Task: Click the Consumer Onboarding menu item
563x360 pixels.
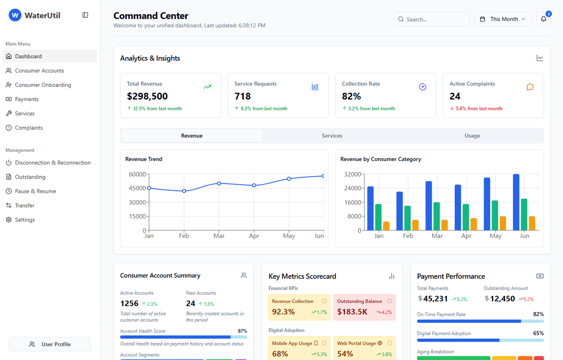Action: (43, 85)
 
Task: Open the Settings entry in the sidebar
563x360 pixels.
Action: (25, 220)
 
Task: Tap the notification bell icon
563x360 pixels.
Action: (543, 19)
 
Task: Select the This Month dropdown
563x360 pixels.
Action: (503, 19)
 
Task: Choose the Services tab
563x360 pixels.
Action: (332, 136)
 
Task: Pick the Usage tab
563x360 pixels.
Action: (472, 136)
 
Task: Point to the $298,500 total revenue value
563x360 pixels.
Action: (147, 96)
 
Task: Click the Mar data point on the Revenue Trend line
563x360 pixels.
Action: (219, 183)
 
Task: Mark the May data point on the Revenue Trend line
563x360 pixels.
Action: (289, 179)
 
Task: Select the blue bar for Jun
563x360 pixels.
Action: (516, 202)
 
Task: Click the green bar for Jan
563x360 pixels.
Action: (378, 217)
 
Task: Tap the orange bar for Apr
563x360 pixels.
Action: (474, 224)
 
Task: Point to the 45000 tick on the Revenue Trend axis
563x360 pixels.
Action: (137, 188)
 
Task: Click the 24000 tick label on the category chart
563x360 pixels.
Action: (352, 188)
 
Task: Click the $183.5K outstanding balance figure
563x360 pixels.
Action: (352, 312)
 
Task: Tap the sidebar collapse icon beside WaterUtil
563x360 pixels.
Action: (85, 15)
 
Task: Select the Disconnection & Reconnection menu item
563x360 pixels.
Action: (52, 163)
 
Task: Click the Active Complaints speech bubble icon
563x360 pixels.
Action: (530, 87)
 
